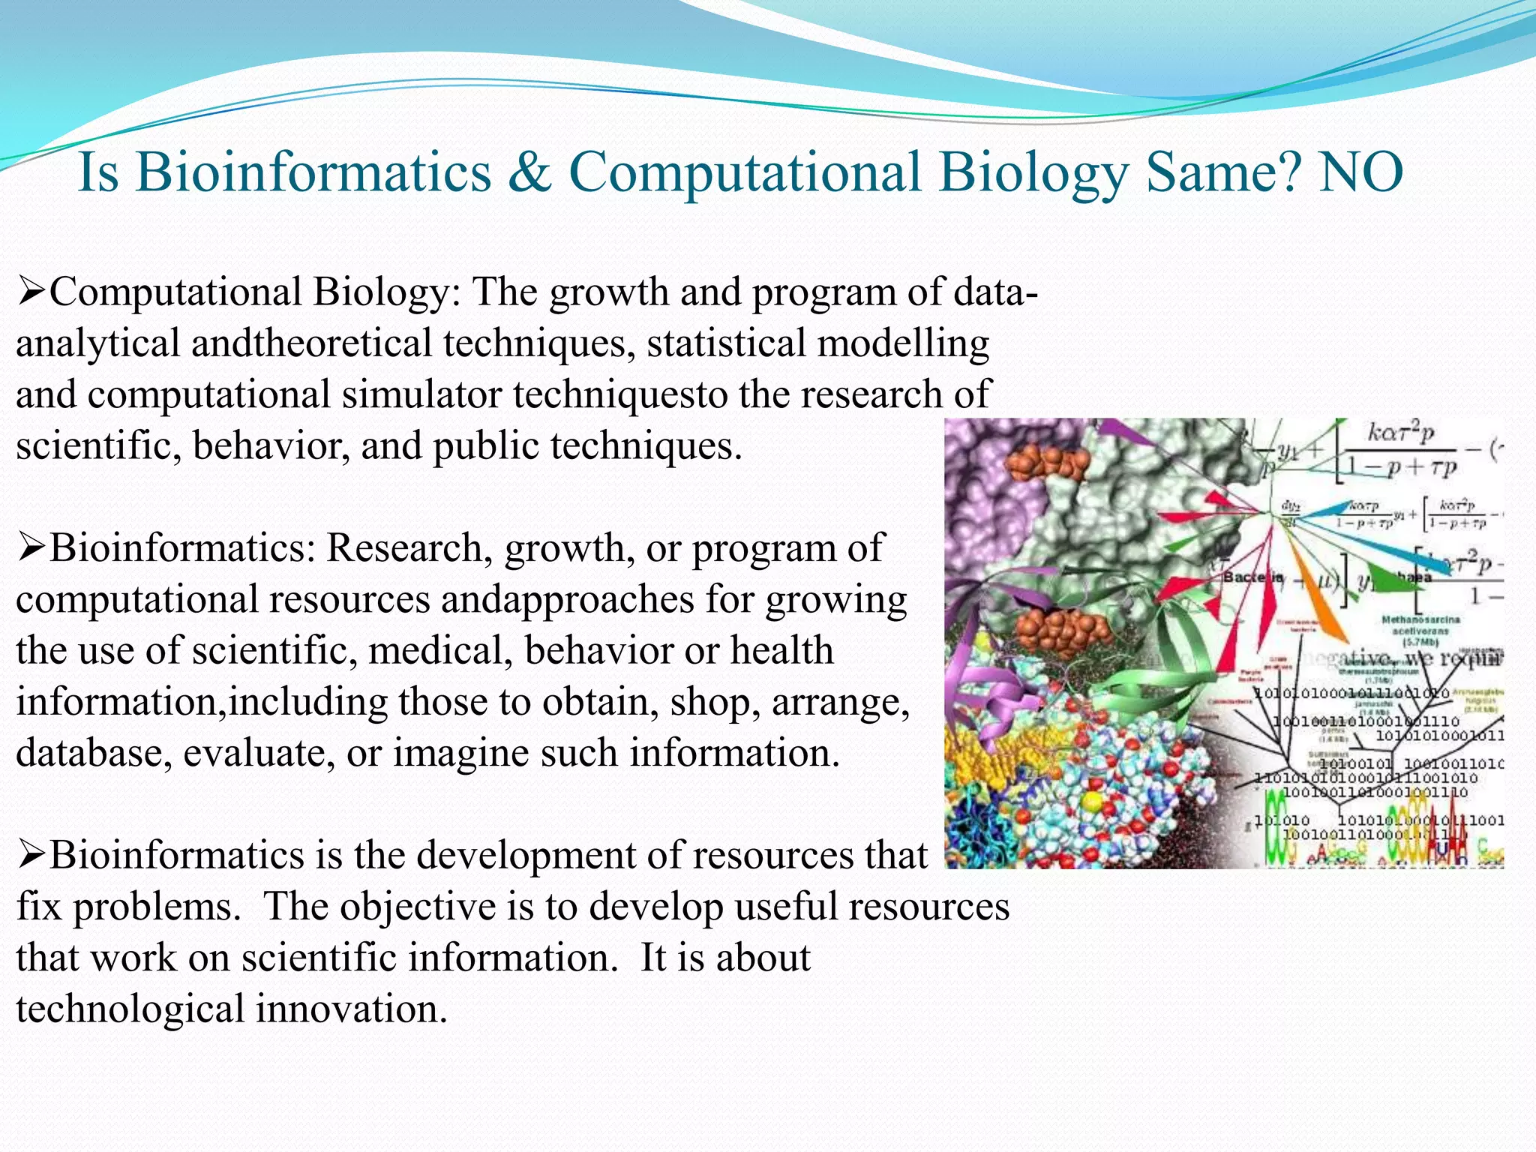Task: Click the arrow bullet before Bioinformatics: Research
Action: pos(31,547)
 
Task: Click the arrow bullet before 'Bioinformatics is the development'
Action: pos(31,855)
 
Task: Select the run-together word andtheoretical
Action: pos(310,343)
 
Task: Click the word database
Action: pos(93,752)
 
